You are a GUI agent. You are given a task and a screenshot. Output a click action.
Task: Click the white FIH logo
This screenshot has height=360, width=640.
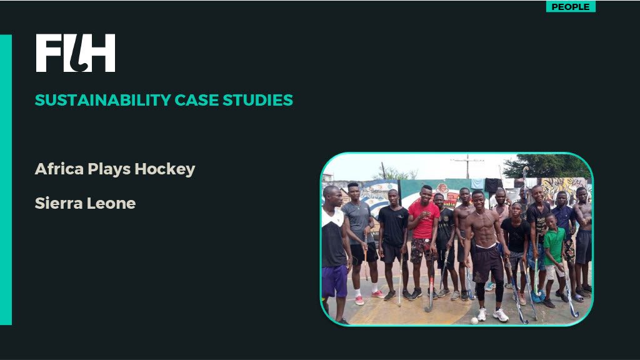coord(76,53)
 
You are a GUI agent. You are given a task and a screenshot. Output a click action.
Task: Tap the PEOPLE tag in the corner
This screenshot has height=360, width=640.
coord(571,6)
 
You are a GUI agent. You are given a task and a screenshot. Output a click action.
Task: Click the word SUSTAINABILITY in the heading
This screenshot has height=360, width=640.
coord(103,100)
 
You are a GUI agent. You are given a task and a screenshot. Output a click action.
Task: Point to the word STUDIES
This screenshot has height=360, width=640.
coord(258,100)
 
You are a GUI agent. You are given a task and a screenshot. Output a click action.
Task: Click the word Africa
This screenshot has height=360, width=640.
coord(59,169)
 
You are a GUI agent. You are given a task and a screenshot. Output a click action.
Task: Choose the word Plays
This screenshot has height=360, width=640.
coord(109,169)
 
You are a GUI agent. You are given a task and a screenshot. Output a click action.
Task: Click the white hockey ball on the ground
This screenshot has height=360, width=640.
coord(474,321)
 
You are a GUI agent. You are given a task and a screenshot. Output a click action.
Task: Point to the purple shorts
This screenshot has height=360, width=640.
coord(335,281)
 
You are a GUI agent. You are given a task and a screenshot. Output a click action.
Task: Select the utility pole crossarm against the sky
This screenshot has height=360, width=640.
coord(467,161)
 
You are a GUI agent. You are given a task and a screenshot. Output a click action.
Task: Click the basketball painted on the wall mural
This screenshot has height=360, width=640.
coord(443,187)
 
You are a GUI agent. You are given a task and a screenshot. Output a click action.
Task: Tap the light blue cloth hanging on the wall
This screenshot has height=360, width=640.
coord(477,184)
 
